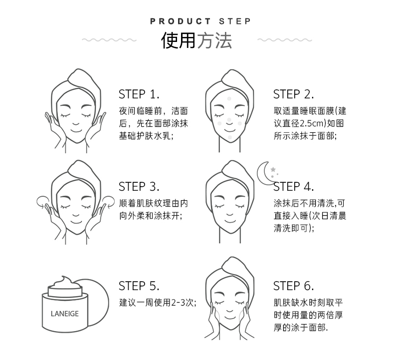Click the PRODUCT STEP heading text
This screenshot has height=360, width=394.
pyautogui.click(x=200, y=21)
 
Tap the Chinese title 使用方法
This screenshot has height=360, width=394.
pyautogui.click(x=197, y=40)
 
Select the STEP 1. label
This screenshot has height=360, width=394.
pyautogui.click(x=139, y=94)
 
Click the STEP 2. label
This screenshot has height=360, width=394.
pyautogui.click(x=293, y=94)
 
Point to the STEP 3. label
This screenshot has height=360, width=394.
pyautogui.click(x=139, y=187)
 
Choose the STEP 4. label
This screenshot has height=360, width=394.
pyautogui.click(x=293, y=187)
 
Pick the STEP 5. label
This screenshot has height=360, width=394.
pyautogui.click(x=139, y=286)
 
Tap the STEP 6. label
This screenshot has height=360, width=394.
pyautogui.click(x=293, y=286)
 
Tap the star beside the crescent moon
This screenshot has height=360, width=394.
pyautogui.click(x=273, y=169)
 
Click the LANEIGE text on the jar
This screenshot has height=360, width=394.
pyautogui.click(x=64, y=314)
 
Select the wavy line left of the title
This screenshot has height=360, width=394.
pyautogui.click(x=109, y=40)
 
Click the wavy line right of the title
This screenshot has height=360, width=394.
pyautogui.click(x=285, y=40)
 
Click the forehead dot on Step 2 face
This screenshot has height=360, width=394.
pyautogui.click(x=229, y=99)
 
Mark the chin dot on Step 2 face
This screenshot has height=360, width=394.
pyautogui.click(x=229, y=137)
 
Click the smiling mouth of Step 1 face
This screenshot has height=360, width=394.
pyautogui.click(x=76, y=131)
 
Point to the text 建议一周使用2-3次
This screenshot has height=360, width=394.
pyautogui.click(x=157, y=302)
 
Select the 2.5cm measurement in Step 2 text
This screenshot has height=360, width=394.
pyautogui.click(x=312, y=123)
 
